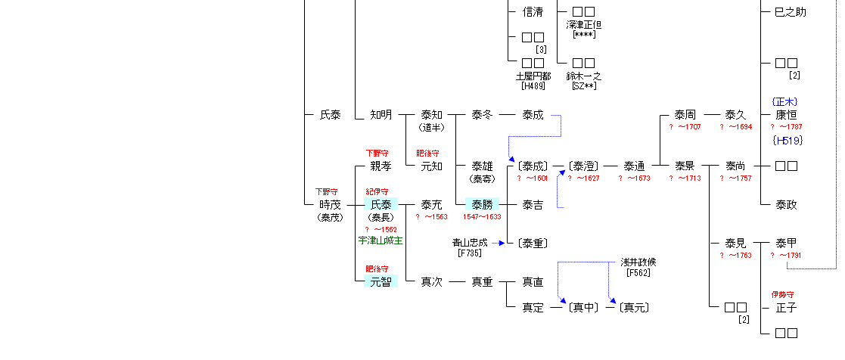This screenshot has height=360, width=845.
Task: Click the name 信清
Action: tap(533, 12)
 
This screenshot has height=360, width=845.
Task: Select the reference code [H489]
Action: tap(533, 86)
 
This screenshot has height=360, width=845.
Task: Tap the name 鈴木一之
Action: tap(583, 76)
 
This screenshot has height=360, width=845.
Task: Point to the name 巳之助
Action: tap(791, 12)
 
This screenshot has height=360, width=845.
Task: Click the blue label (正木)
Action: tap(786, 101)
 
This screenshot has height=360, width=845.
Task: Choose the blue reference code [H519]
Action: tap(787, 141)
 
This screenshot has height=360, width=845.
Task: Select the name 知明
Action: tap(381, 115)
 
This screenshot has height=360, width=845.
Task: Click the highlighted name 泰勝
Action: tap(482, 204)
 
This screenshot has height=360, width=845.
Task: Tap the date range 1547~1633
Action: tap(482, 217)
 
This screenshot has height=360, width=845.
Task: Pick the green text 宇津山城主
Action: tap(381, 241)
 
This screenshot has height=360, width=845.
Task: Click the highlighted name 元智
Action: tap(381, 282)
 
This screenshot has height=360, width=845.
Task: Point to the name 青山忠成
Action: tap(471, 243)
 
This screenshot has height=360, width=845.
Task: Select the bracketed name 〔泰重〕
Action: tap(533, 244)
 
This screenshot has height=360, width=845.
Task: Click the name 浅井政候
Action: tap(638, 262)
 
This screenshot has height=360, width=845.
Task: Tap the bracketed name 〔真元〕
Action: tap(634, 308)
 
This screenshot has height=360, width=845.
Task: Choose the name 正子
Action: tap(787, 308)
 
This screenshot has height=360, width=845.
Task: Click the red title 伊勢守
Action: tap(783, 294)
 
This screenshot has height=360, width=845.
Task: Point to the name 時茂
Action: tap(331, 205)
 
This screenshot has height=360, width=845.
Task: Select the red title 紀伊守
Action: tap(377, 192)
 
